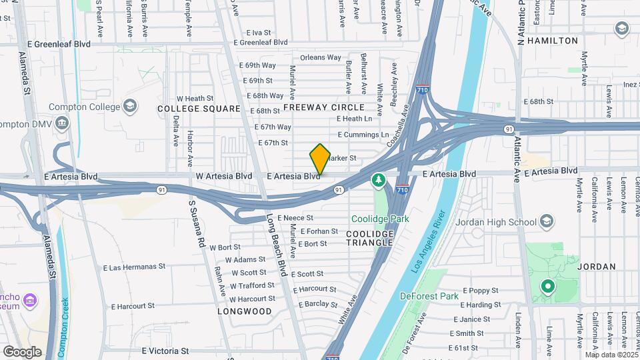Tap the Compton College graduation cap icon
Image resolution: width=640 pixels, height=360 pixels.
[130, 106]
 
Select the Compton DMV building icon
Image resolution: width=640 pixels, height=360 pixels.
[63, 124]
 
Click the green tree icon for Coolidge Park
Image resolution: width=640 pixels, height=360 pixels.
[379, 180]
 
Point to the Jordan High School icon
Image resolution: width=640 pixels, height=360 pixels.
[547, 222]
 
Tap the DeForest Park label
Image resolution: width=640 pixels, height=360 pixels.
[429, 296]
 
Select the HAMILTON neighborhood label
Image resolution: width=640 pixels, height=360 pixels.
[552, 41]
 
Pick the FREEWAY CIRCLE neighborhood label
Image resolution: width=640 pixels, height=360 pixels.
[324, 107]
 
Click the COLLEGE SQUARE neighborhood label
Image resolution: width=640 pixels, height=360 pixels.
[199, 109]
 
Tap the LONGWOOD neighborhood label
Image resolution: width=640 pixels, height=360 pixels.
[245, 311]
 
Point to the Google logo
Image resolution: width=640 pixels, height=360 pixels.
[22, 351]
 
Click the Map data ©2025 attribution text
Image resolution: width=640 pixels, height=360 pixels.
[612, 355]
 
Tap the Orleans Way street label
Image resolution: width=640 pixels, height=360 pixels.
[321, 58]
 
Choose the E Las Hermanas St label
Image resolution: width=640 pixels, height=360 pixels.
[134, 267]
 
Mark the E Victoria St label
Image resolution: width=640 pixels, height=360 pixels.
[165, 351]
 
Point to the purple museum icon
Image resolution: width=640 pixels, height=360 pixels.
[29, 301]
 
